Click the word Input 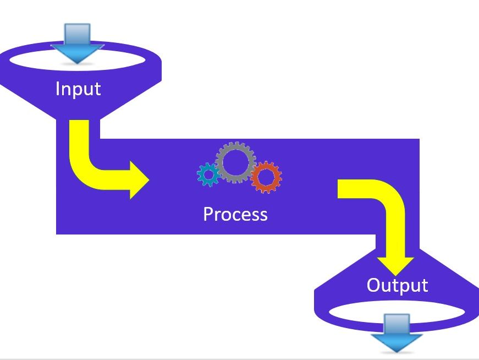78,89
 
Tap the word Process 235,214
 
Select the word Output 397,285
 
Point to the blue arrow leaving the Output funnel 397,332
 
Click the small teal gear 208,175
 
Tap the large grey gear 236,162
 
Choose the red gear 266,177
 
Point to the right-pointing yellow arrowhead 139,179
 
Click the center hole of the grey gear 236,162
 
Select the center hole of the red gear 266,177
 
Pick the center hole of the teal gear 208,175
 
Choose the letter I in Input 57,89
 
